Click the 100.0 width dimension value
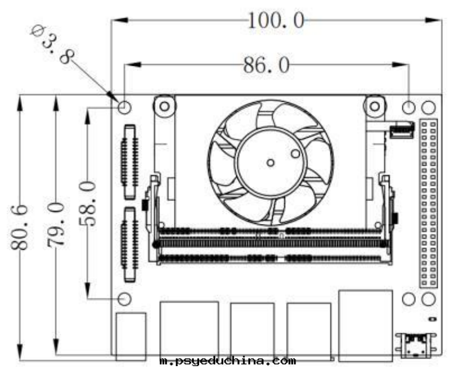point(275,21)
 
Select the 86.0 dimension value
point(267,65)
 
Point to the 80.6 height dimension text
point(19,227)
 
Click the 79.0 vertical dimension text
point(55,224)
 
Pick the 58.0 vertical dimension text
point(88,203)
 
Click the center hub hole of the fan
point(270,162)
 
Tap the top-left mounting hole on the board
point(125,108)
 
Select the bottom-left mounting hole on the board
point(125,299)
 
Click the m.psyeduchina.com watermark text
point(228,361)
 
